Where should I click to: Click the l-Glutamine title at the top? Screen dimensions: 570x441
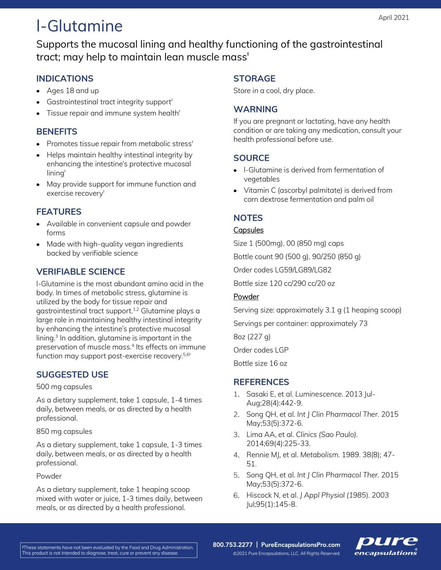pyautogui.click(x=79, y=26)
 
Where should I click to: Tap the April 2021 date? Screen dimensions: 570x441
pyautogui.click(x=393, y=18)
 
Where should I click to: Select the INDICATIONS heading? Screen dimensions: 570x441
pyautogui.click(x=65, y=78)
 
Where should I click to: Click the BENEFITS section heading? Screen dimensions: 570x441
pyautogui.click(x=57, y=132)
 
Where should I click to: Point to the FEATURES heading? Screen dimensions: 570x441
pyautogui.click(x=59, y=212)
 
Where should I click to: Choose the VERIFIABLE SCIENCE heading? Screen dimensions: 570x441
pyautogui.click(x=81, y=272)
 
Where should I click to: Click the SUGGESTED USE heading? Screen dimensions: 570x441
pyautogui.click(x=72, y=375)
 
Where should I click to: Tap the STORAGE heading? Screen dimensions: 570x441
pyautogui.click(x=254, y=78)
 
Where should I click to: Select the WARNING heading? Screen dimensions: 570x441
pyautogui.click(x=255, y=109)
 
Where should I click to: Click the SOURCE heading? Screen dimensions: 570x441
pyautogui.click(x=251, y=158)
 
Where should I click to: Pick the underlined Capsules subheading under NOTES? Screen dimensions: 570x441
pyautogui.click(x=248, y=230)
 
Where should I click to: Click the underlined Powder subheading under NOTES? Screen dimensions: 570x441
pyautogui.click(x=246, y=297)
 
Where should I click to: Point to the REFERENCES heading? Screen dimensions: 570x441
pyautogui.click(x=261, y=382)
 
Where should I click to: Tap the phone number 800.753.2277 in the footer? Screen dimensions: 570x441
pyautogui.click(x=232, y=545)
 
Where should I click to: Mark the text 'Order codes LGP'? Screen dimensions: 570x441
pyautogui.click(x=261, y=350)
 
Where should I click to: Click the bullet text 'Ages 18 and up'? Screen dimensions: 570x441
pyautogui.click(x=72, y=91)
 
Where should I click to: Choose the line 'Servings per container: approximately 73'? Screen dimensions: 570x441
pyautogui.click(x=300, y=323)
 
